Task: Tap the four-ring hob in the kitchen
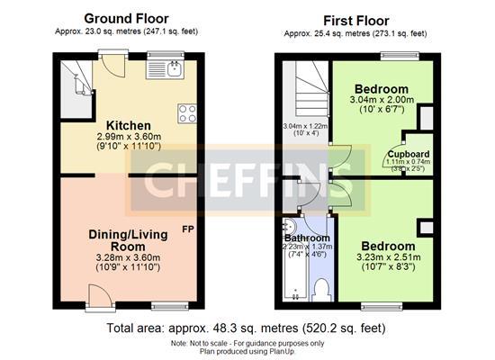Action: pos(187,113)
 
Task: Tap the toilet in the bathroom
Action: pos(321,288)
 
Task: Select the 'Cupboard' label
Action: pos(409,154)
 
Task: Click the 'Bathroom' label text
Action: pos(305,238)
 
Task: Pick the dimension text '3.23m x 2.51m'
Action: pos(388,256)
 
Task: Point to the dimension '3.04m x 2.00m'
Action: pos(382,102)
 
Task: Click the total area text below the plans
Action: pos(247,327)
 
